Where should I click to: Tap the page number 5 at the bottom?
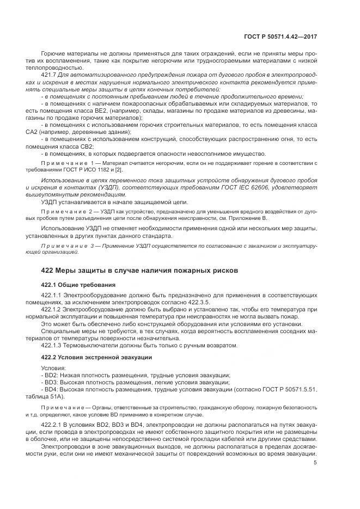pos(315,463)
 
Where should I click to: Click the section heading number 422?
pos(48,271)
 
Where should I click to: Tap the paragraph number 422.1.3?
pos(52,345)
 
